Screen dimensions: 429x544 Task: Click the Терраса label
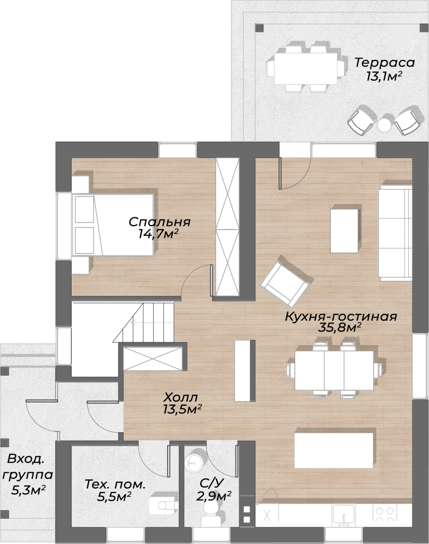(384, 63)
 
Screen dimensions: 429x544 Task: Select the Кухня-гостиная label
(341, 316)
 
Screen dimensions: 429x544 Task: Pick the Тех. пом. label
(115, 484)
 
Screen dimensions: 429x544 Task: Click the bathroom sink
(193, 463)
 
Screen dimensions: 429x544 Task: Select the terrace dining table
(306, 69)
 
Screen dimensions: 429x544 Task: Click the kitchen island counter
(334, 450)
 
